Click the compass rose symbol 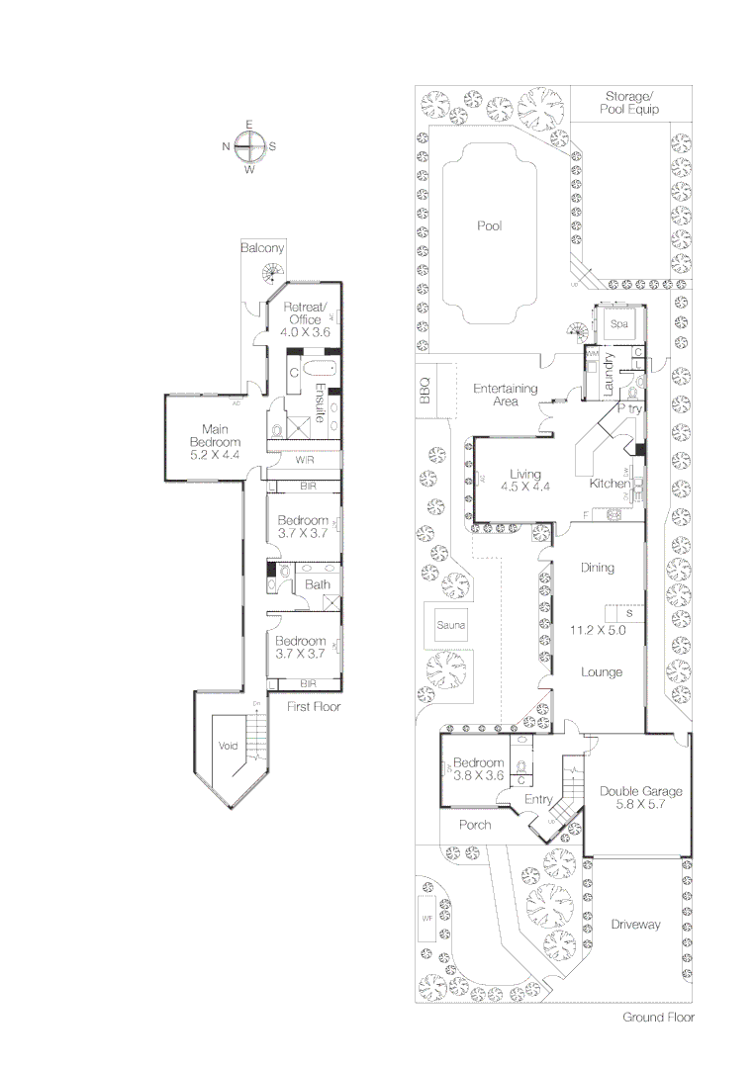[x=249, y=146]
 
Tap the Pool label [x=490, y=226]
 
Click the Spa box [x=619, y=324]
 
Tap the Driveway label [x=634, y=925]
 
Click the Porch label [x=475, y=825]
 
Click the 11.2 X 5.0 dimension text [x=598, y=629]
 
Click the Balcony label [x=262, y=248]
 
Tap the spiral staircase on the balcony [x=270, y=274]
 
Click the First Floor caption [x=314, y=707]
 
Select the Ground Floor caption [x=658, y=1017]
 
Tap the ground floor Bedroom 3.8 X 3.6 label [x=479, y=769]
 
